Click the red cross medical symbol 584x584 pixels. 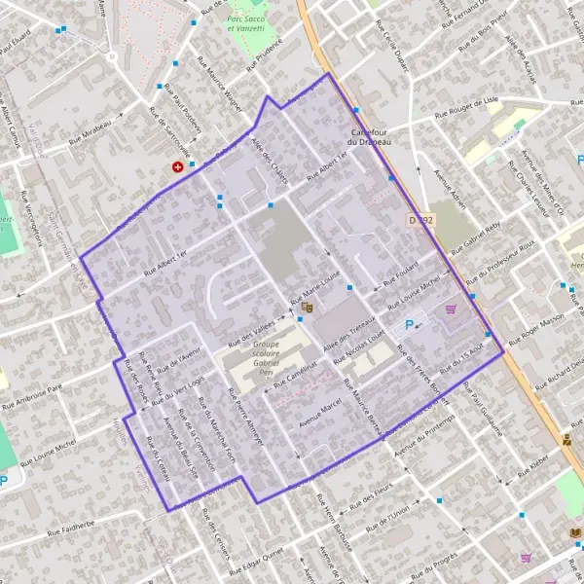[177, 167]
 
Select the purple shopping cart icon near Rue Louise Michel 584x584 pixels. [451, 310]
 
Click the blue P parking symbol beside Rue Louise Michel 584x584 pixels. [409, 325]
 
